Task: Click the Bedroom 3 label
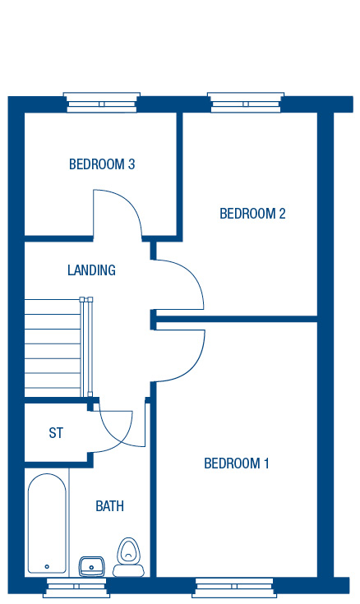click(x=102, y=164)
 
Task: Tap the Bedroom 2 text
click(x=252, y=214)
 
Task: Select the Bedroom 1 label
click(x=236, y=463)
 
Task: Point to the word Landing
click(x=91, y=270)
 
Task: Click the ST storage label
click(x=56, y=433)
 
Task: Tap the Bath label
click(x=110, y=505)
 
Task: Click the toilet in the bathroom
click(x=128, y=557)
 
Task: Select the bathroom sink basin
click(x=91, y=567)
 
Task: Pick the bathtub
click(x=47, y=523)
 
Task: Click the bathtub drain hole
click(x=47, y=567)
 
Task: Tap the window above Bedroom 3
click(x=102, y=103)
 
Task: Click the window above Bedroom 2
click(x=246, y=103)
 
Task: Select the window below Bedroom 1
click(x=234, y=588)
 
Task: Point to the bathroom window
click(x=76, y=588)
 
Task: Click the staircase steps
click(x=53, y=348)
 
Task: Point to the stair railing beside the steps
click(x=86, y=347)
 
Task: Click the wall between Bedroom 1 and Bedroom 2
click(x=237, y=320)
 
